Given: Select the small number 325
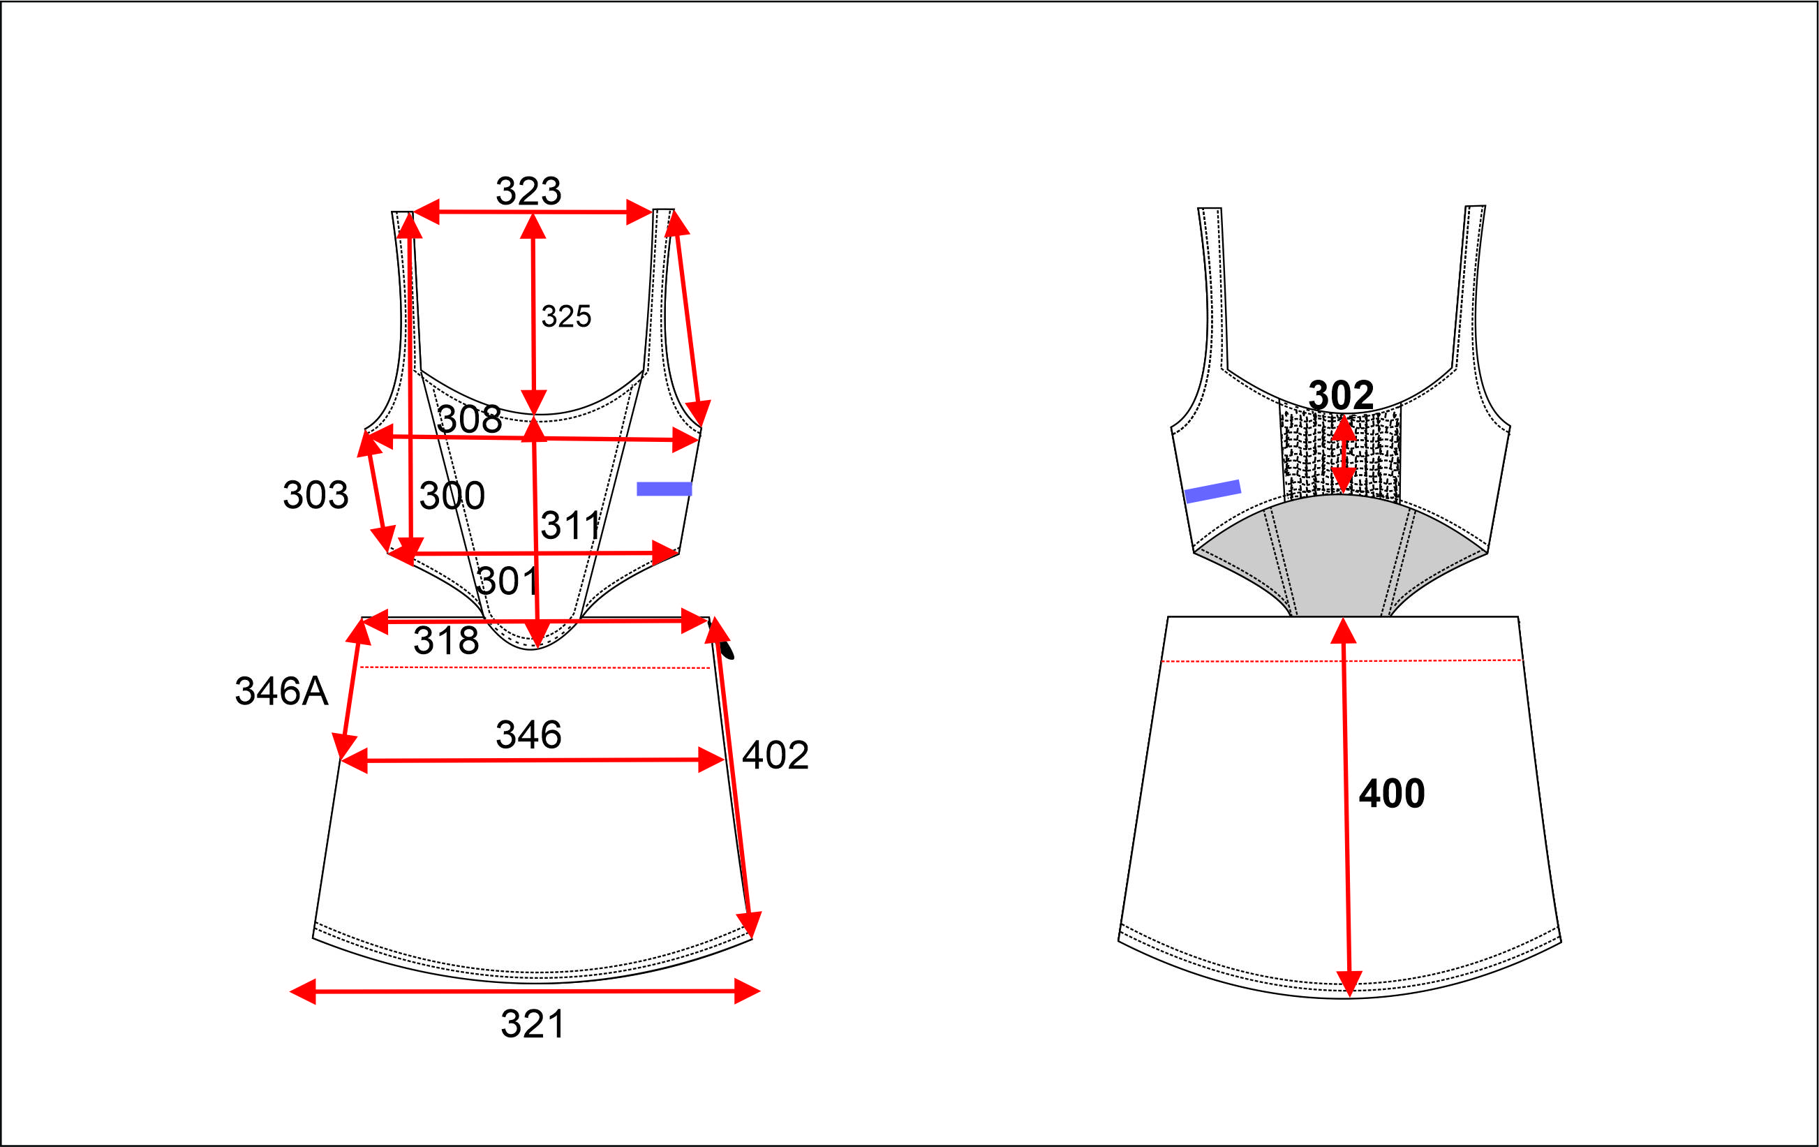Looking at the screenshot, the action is [x=566, y=317].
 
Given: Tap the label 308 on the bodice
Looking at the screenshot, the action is [x=469, y=420].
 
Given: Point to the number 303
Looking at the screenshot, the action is [x=315, y=496].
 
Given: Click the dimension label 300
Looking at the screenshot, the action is [x=452, y=496].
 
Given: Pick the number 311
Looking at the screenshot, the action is [x=570, y=525].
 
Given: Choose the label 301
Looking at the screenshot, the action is [x=507, y=581].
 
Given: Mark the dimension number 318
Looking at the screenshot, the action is [x=446, y=641].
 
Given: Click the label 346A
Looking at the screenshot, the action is [x=281, y=691].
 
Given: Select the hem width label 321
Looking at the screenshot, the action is [x=533, y=1025].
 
